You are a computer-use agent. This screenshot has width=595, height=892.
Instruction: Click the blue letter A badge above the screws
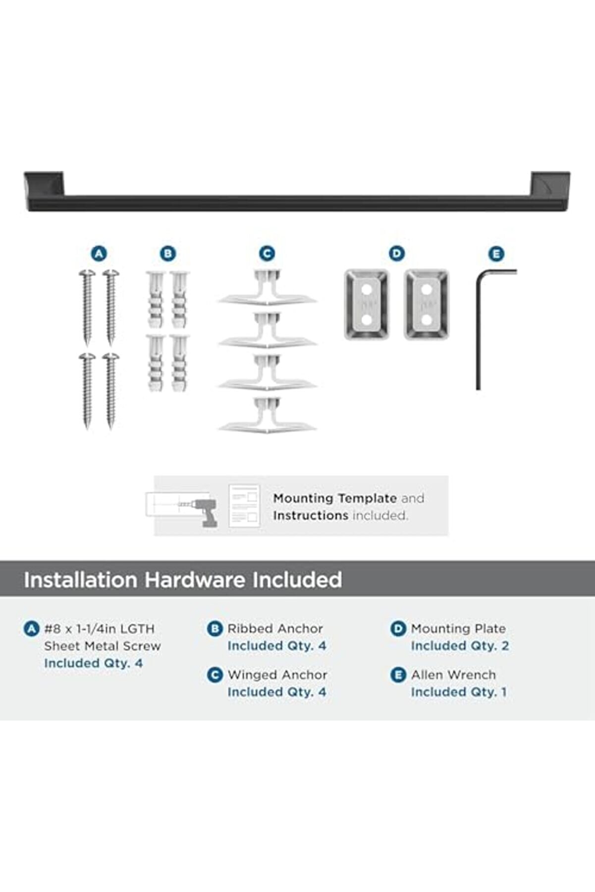(x=99, y=254)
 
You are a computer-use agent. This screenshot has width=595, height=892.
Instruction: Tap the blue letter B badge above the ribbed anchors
(x=168, y=254)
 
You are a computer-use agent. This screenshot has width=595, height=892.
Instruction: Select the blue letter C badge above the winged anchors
(x=267, y=254)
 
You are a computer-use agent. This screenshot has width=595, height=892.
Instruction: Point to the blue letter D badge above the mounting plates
(x=396, y=254)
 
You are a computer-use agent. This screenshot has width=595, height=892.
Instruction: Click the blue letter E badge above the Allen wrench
(x=496, y=255)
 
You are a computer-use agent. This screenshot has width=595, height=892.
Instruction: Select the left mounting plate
(x=367, y=305)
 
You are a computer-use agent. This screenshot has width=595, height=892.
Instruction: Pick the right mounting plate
(x=427, y=305)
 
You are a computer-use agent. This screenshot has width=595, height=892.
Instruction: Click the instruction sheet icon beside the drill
(x=244, y=506)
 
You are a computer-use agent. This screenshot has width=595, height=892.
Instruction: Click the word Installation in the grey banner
(x=81, y=579)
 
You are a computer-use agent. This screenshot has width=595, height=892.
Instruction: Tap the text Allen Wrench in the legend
(x=453, y=675)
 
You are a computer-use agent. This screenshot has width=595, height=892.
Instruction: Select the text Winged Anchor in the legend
(x=277, y=675)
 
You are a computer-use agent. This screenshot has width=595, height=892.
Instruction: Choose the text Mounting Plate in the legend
(x=458, y=629)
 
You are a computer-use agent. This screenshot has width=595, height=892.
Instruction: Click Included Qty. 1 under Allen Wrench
(x=459, y=692)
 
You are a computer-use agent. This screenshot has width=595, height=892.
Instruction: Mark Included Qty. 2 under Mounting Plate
(x=460, y=646)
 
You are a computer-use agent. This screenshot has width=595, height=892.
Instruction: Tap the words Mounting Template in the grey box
(x=335, y=498)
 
